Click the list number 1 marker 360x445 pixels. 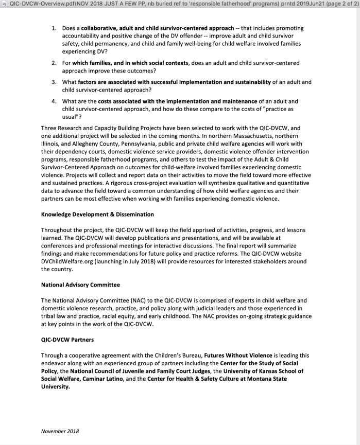53,28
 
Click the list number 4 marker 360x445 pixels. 53,102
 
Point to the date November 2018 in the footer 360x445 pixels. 60,431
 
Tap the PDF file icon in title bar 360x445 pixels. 5,5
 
